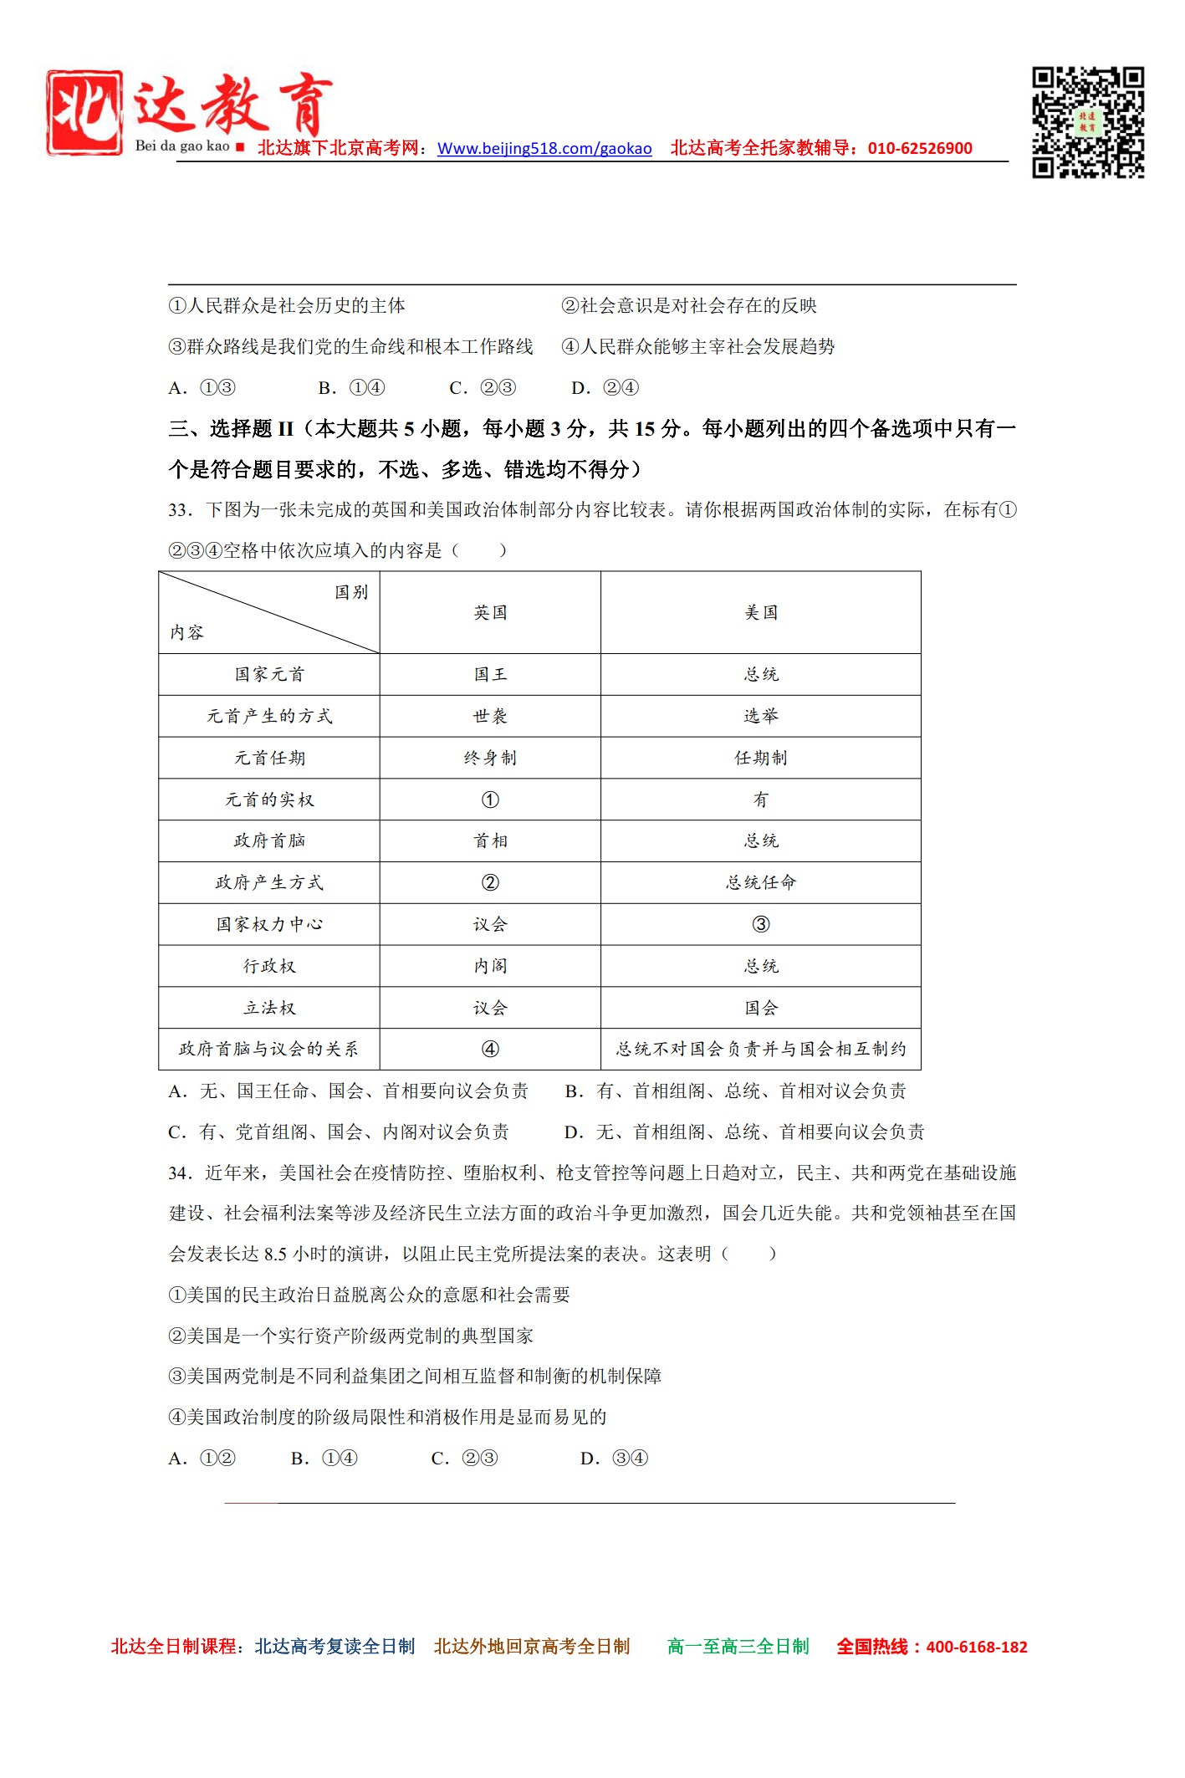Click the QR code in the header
(x=1087, y=122)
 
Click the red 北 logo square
(x=84, y=113)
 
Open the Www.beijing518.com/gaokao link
(x=544, y=149)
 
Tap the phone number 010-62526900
(x=920, y=149)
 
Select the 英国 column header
(x=490, y=613)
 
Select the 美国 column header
(x=761, y=613)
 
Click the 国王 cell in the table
(x=490, y=675)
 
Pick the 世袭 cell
(x=490, y=717)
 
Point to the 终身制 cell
(x=490, y=759)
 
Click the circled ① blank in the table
(x=490, y=800)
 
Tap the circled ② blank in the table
(x=490, y=883)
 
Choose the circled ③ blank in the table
(x=761, y=925)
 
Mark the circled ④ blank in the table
(x=490, y=1050)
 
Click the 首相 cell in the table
(x=490, y=841)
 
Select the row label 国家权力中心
(x=269, y=925)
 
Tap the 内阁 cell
(x=490, y=967)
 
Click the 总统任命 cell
(x=761, y=883)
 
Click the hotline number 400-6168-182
(x=977, y=1648)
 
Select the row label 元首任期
(x=269, y=759)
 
